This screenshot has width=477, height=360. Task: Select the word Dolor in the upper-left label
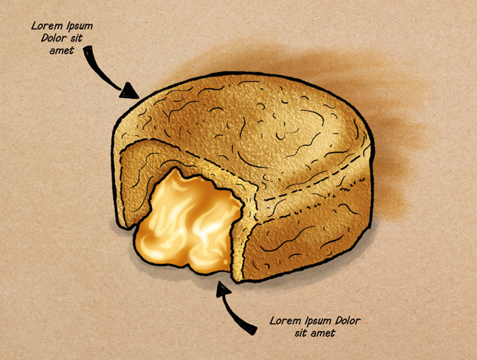coord(54,38)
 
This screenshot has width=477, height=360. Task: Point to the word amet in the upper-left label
coord(62,50)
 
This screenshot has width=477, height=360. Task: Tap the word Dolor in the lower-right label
coord(348,321)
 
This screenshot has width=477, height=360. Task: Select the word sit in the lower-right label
coord(301,333)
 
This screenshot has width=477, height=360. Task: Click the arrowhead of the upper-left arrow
coord(129,91)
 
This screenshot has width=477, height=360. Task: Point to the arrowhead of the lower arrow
coord(223,289)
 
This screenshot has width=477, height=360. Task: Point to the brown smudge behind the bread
coord(380,122)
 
